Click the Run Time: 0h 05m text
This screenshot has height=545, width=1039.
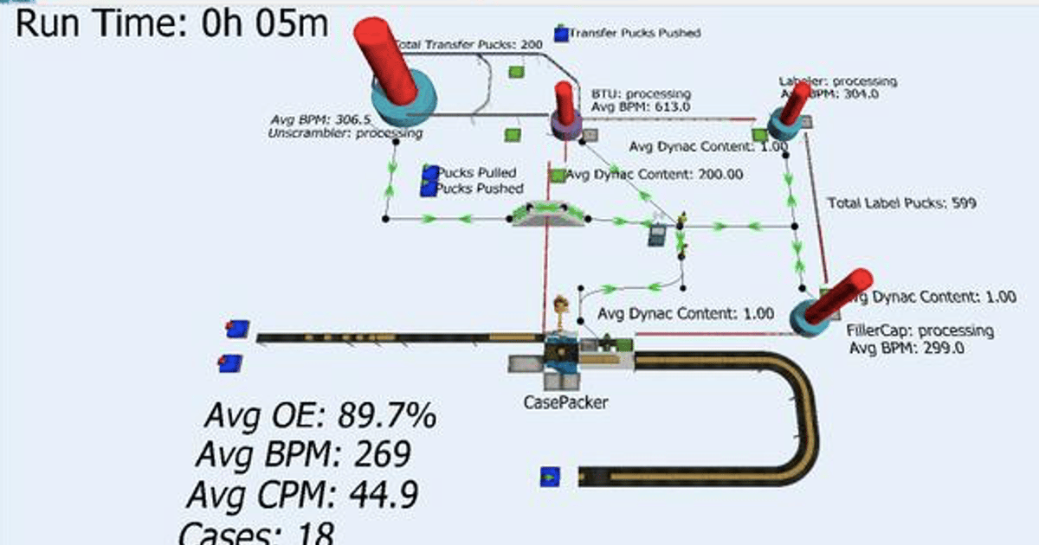pyautogui.click(x=171, y=23)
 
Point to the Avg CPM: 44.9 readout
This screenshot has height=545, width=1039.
pyautogui.click(x=303, y=496)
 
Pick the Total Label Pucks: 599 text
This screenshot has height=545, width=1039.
pyautogui.click(x=902, y=204)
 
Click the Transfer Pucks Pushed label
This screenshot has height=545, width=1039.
pyautogui.click(x=634, y=33)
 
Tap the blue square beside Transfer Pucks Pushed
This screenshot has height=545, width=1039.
pyautogui.click(x=561, y=34)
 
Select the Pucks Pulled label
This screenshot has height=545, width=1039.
pyautogui.click(x=475, y=173)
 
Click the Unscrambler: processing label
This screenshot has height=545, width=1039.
pyautogui.click(x=345, y=134)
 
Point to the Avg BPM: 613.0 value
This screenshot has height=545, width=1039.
pyautogui.click(x=641, y=106)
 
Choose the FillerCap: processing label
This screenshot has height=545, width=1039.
pyautogui.click(x=920, y=331)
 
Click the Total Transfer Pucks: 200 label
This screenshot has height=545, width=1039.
pyautogui.click(x=468, y=43)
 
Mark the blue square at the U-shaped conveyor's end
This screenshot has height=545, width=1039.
pyautogui.click(x=549, y=476)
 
